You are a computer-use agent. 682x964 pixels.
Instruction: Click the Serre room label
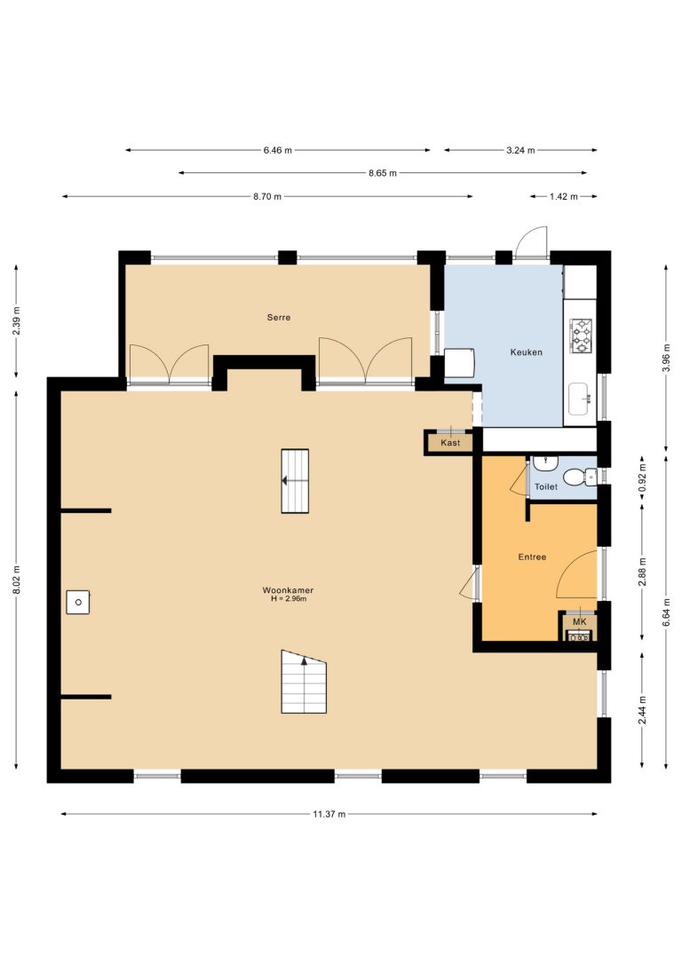(x=279, y=317)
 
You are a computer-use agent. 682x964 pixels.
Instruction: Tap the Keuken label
(x=527, y=352)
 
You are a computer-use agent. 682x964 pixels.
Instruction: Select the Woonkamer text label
(x=288, y=590)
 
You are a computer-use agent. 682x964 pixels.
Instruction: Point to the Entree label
(x=532, y=557)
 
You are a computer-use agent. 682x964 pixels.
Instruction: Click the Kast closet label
(x=450, y=443)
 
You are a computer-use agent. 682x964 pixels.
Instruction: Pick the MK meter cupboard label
(x=579, y=622)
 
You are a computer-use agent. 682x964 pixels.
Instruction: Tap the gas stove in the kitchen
(x=581, y=336)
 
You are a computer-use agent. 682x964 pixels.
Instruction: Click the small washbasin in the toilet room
(x=545, y=463)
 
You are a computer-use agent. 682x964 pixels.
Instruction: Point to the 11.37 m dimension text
(x=329, y=814)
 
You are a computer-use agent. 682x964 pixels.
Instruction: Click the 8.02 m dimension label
(x=17, y=580)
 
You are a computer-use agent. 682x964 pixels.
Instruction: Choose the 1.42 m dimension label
(x=563, y=197)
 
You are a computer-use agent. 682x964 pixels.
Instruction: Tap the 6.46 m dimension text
(x=277, y=150)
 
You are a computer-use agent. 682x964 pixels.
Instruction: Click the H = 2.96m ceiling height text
(x=289, y=598)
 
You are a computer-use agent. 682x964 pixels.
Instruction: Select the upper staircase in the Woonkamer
(x=295, y=481)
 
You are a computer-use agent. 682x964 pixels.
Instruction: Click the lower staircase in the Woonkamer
(x=304, y=682)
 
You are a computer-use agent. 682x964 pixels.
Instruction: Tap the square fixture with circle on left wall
(x=78, y=602)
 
